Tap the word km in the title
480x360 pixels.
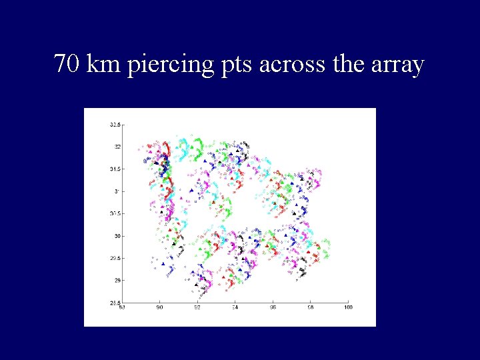pyautogui.click(x=102, y=65)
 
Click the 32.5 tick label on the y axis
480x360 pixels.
pyautogui.click(x=115, y=124)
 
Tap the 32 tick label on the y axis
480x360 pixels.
pyautogui.click(x=117, y=147)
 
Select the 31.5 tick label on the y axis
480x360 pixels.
pyautogui.click(x=115, y=169)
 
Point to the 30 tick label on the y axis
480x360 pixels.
pyautogui.click(x=117, y=236)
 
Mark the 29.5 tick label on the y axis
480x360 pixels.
pyautogui.click(x=115, y=258)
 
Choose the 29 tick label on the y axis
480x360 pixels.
pyautogui.click(x=117, y=281)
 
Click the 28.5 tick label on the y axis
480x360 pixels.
pyautogui.click(x=115, y=303)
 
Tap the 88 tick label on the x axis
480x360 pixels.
pyautogui.click(x=122, y=307)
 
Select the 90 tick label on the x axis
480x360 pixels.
pyautogui.click(x=159, y=307)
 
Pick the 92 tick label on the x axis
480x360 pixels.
pyautogui.click(x=197, y=307)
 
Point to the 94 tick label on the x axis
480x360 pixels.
pyautogui.click(x=235, y=307)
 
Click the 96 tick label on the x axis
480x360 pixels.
pyautogui.click(x=273, y=307)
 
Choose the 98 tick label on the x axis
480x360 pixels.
pyautogui.click(x=310, y=307)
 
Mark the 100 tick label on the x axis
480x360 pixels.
pyautogui.click(x=347, y=307)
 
